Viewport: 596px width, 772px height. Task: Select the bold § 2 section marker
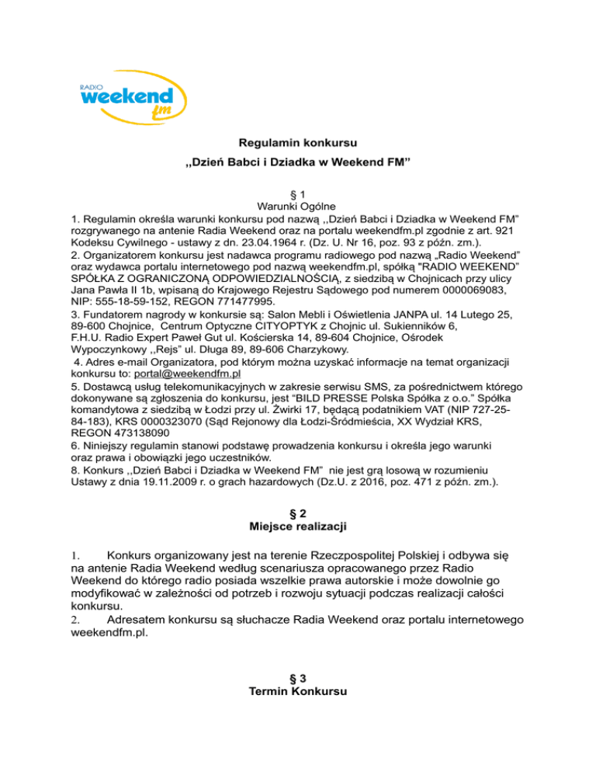(x=298, y=513)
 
